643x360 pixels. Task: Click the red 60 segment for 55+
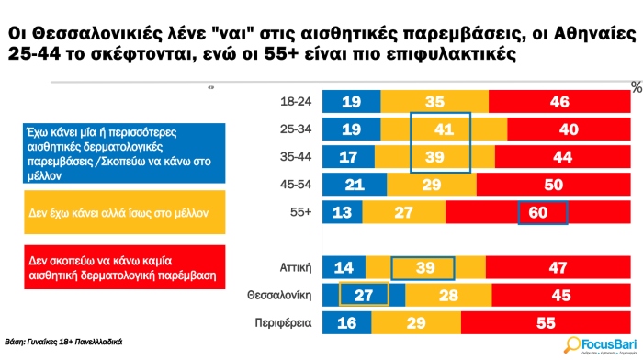543,214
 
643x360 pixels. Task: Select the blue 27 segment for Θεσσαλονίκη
363,296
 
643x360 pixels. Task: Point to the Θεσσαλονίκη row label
279,296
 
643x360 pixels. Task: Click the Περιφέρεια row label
285,323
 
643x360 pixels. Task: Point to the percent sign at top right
635,86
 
